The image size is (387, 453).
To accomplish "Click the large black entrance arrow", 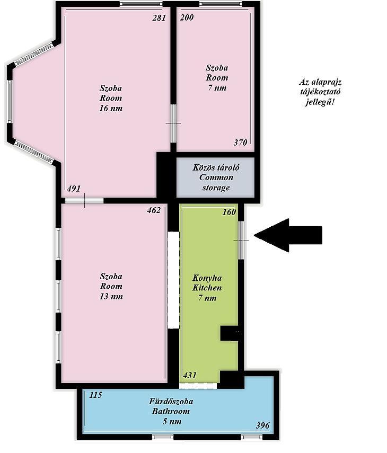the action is point(288,235).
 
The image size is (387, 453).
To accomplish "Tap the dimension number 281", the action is point(159,18).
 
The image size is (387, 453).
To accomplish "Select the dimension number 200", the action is point(187,17).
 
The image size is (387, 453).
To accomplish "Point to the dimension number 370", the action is point(241,143).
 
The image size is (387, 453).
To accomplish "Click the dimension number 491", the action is point(74,189).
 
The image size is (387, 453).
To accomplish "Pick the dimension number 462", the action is point(154,210).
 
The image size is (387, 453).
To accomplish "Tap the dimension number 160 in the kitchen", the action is point(229,212).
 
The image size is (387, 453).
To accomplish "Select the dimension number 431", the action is point(190,375).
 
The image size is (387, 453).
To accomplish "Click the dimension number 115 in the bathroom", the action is point(95,395).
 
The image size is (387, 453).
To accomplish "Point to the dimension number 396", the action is point(263,425).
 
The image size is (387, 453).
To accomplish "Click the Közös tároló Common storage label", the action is point(216,177).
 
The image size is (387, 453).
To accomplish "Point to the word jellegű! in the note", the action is point(320,102).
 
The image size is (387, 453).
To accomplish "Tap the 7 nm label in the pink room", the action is point(217,87).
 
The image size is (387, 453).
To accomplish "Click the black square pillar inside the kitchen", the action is point(230,334).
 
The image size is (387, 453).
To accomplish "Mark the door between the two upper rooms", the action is point(173,123).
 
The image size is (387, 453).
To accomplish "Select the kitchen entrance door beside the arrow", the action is point(241,240).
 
